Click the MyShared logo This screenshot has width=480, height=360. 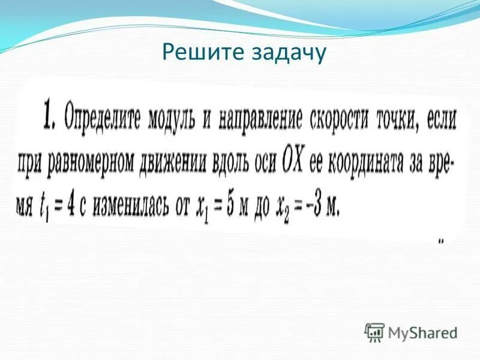pyautogui.click(x=411, y=332)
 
